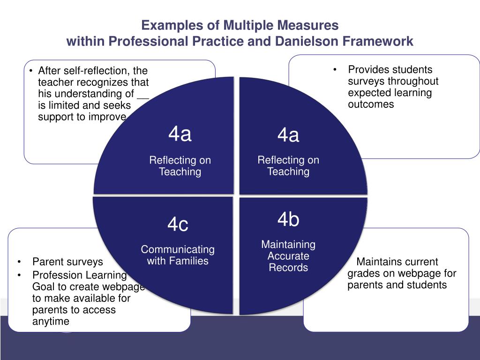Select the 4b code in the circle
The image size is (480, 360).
pyautogui.click(x=288, y=219)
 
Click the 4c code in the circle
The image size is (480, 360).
pyautogui.click(x=178, y=225)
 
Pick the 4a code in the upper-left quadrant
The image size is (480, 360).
pyautogui.click(x=180, y=135)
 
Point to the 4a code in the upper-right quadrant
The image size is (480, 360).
pyautogui.click(x=288, y=135)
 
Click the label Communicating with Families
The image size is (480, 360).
pyautogui.click(x=178, y=255)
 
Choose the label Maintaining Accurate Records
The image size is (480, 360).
pyautogui.click(x=288, y=256)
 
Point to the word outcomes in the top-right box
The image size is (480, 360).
pyautogui.click(x=371, y=104)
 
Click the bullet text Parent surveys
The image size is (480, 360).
pyautogui.click(x=67, y=262)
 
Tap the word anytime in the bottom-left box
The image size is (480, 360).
pyautogui.click(x=51, y=321)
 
